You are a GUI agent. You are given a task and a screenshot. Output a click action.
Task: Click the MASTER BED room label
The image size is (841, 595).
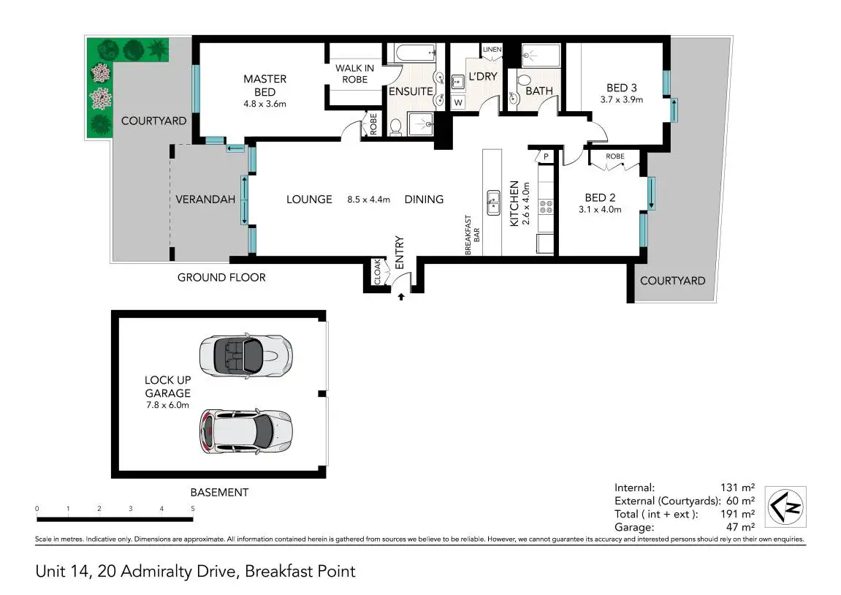pos(265,86)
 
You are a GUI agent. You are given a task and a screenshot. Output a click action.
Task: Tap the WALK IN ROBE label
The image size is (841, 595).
pos(354,74)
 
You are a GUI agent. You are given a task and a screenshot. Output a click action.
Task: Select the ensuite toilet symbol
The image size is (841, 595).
pos(396,126)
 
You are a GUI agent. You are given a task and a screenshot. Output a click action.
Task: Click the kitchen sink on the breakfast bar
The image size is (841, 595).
pos(493,202)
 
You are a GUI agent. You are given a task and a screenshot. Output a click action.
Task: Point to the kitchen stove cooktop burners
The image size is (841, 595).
pos(546,206)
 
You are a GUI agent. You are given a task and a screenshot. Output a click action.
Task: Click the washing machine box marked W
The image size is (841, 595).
pos(458,102)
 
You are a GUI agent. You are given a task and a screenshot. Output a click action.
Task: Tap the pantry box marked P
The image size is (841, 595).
pos(546,156)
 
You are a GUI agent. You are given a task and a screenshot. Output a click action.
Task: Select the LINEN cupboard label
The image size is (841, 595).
pos(492,50)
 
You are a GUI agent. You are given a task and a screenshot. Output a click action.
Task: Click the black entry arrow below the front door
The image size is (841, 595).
pos(400,296)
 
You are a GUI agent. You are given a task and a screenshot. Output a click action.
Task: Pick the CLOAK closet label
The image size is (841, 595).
pos(377,272)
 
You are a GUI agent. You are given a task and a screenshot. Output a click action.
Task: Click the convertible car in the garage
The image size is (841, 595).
pos(246,356)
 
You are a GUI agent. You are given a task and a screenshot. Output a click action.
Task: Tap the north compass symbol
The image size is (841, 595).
pos(785,507)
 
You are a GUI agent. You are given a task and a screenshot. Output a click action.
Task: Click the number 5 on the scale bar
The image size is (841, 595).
pos(193,508)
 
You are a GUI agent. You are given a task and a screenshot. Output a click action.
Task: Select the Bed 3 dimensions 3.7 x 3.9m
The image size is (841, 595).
pos(622,99)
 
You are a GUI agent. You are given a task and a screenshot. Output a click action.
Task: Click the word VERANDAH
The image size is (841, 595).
pos(205,200)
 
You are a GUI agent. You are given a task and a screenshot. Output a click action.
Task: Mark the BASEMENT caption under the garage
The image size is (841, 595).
pos(219,492)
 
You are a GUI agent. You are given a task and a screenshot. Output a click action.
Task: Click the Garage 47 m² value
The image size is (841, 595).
pos(740,527)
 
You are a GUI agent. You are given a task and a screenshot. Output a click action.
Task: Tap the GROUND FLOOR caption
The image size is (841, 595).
pos(221,277)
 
